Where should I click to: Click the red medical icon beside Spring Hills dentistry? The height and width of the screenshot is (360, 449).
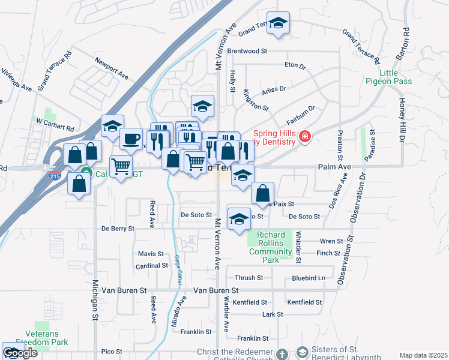(306, 137)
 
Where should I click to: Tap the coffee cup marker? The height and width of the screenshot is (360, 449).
(131, 140)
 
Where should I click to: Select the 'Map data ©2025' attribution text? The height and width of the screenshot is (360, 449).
(423, 355)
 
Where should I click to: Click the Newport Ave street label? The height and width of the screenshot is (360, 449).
(112, 68)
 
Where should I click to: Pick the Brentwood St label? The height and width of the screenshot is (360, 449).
(247, 52)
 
